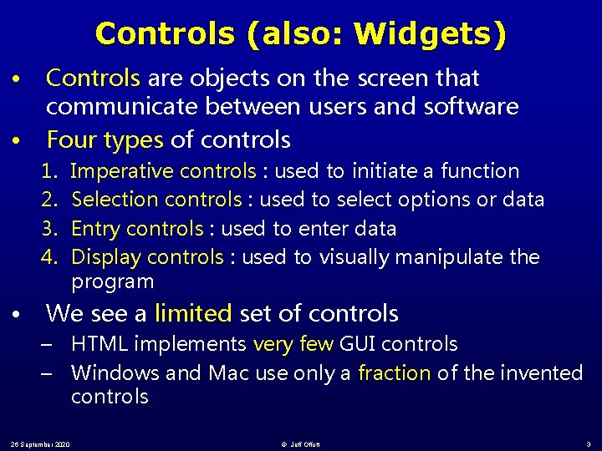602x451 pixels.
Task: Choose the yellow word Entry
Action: (x=94, y=228)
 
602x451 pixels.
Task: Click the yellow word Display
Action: (x=105, y=256)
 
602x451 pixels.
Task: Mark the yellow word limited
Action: (x=192, y=314)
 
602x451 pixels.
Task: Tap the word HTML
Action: (x=100, y=344)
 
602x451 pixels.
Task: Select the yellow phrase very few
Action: (x=293, y=344)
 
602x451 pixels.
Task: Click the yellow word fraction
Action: (x=394, y=372)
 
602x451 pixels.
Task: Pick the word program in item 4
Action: (x=113, y=281)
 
